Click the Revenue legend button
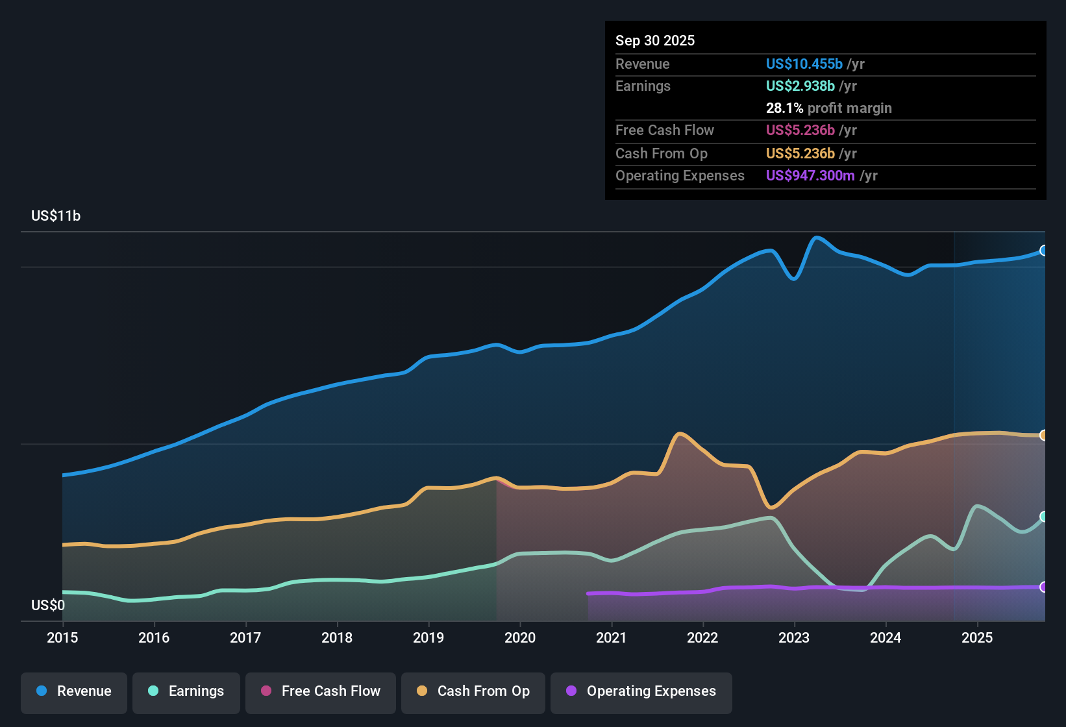click(x=74, y=691)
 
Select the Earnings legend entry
click(x=186, y=691)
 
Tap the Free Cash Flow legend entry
click(x=321, y=691)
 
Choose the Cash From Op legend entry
click(x=473, y=691)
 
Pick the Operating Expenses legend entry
click(x=641, y=691)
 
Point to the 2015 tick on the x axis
click(x=62, y=637)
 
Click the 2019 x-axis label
click(x=428, y=637)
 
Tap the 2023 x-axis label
click(x=794, y=637)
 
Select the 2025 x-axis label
click(x=977, y=637)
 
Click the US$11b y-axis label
click(x=56, y=216)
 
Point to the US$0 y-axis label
click(x=48, y=606)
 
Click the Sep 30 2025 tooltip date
click(x=655, y=40)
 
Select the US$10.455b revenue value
click(x=804, y=64)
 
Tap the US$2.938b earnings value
click(x=800, y=86)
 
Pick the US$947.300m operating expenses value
click(x=810, y=175)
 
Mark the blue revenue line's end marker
click(x=1043, y=251)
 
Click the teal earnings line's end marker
click(x=1043, y=517)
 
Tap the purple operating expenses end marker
click(x=1043, y=587)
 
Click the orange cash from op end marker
click(x=1043, y=436)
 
